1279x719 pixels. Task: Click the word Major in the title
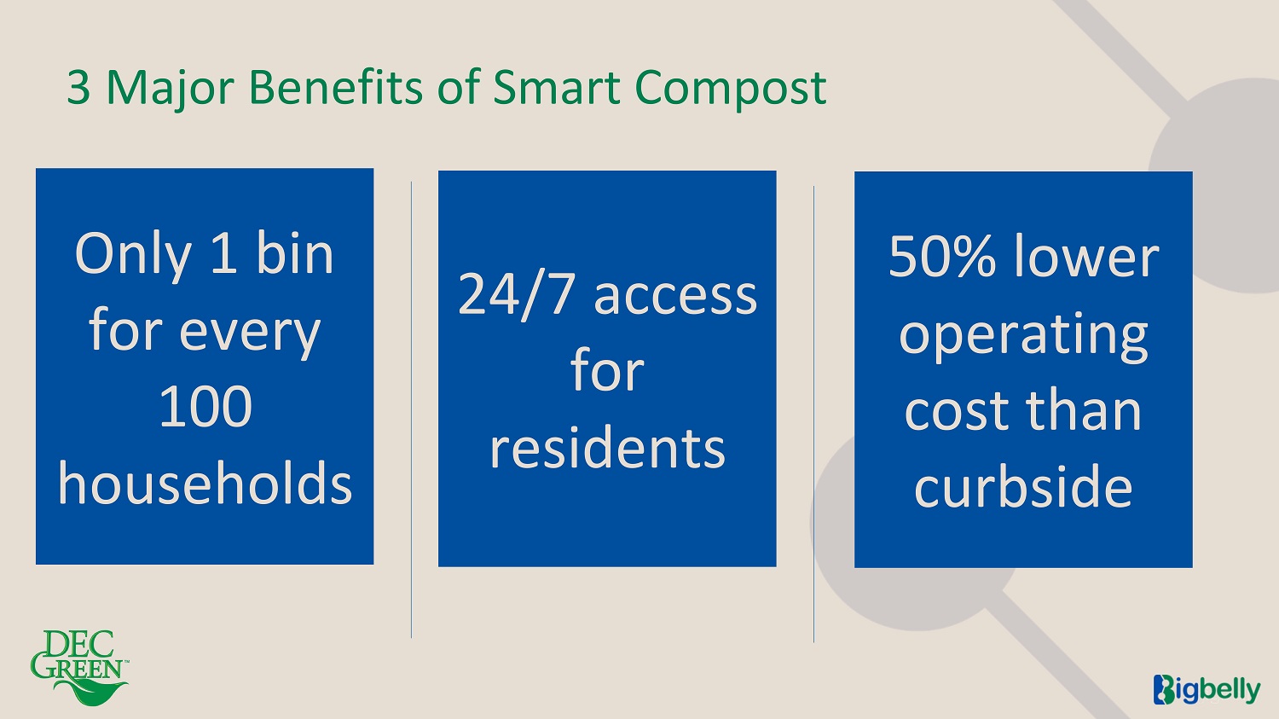coord(171,89)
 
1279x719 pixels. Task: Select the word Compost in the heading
coord(730,89)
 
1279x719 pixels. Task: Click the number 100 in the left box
coord(205,406)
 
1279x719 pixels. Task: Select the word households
coord(205,483)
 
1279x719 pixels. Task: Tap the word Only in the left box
coord(133,255)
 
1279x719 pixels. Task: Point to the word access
coord(675,297)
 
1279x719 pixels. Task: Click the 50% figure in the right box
coord(942,256)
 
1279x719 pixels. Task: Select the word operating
coord(1023,336)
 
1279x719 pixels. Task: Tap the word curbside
coord(1023,485)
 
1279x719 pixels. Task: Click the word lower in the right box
coord(1086,256)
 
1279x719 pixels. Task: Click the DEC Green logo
coord(79,668)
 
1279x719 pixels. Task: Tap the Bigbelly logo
coord(1207,689)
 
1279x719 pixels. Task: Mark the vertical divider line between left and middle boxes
coord(411,409)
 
